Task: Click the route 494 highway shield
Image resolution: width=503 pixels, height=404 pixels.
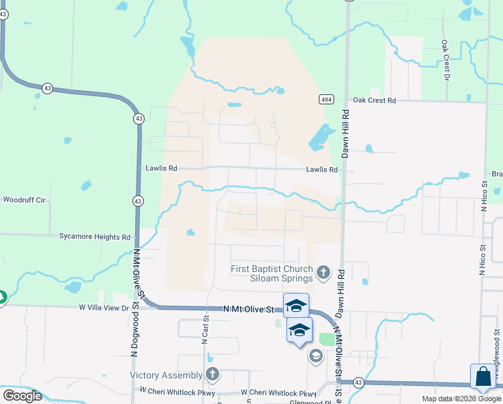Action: point(326,100)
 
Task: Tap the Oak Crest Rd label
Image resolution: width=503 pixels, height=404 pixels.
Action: point(375,100)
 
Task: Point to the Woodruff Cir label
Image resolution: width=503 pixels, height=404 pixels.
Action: point(24,200)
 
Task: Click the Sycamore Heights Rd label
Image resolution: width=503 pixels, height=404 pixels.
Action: point(95,237)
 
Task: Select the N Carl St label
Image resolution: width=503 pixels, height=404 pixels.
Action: point(206,329)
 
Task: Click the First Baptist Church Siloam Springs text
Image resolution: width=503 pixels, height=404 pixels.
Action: point(272,273)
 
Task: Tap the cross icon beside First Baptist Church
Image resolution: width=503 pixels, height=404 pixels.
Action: point(323,273)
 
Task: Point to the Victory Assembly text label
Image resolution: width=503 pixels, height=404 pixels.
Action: point(166,375)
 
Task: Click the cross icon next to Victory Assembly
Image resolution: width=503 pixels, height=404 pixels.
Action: point(212,374)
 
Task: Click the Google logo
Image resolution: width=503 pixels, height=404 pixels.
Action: point(22,396)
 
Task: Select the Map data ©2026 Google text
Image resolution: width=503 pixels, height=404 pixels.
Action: point(461,399)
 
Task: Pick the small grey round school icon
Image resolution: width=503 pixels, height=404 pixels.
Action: point(315,356)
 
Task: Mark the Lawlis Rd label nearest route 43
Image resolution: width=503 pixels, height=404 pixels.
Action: point(161,168)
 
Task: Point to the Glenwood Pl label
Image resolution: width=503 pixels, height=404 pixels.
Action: point(311,401)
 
